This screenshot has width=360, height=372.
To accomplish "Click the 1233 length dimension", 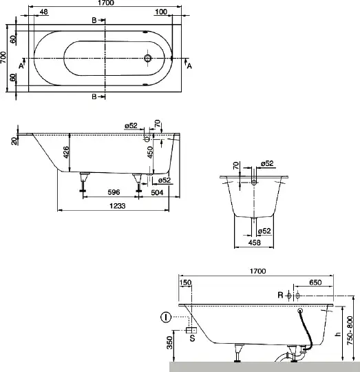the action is click(117, 206).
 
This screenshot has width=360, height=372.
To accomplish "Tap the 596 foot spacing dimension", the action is click(114, 192).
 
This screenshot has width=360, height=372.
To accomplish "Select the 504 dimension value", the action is click(157, 192).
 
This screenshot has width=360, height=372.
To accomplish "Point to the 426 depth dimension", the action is click(66, 152).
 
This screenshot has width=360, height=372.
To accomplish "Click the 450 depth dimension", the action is click(150, 152).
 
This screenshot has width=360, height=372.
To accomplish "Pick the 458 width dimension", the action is click(254, 242).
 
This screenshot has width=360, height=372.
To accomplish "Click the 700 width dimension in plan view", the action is click(3, 57).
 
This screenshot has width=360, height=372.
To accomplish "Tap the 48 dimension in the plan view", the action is click(43, 12).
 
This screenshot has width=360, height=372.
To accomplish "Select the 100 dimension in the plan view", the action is click(161, 12).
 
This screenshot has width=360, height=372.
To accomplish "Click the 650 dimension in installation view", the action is click(315, 282).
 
